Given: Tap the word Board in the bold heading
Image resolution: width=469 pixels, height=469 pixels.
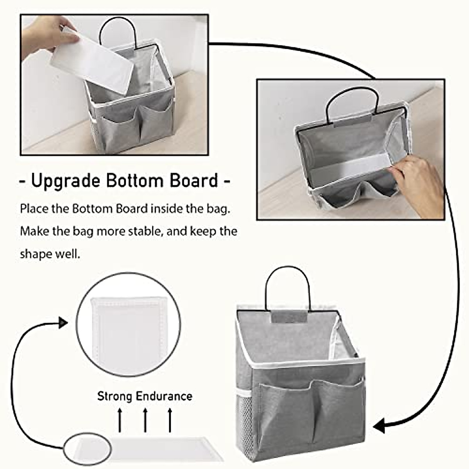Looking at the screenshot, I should (x=193, y=181).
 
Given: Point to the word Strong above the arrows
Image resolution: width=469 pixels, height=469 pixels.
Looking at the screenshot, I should (x=115, y=396).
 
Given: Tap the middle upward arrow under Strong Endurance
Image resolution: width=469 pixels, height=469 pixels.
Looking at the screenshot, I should (x=145, y=420).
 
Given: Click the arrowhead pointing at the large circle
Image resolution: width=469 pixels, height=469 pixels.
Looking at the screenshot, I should (x=63, y=323).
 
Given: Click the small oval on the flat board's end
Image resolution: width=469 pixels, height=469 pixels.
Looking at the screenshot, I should (x=88, y=446).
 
